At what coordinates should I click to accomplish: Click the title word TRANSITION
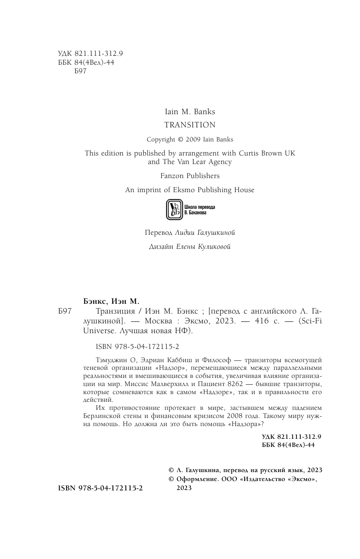190,125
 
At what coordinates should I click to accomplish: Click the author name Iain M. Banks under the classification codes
190,112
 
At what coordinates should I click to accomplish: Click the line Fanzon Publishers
190,176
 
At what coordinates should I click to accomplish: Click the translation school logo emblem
173,209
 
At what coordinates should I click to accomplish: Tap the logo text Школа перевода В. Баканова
199,209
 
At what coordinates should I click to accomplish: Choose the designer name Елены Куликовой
203,247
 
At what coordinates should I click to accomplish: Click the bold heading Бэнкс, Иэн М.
111,301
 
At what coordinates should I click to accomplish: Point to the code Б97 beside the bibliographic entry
64,311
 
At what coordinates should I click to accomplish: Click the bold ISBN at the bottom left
101,488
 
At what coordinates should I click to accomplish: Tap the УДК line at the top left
90,54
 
